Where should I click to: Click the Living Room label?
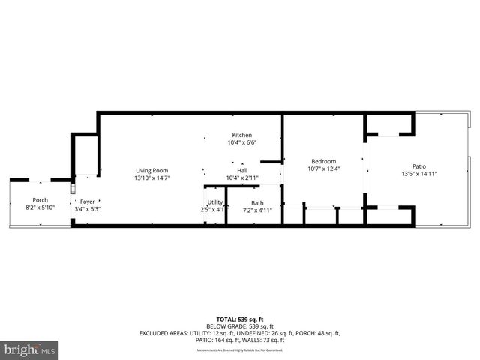151,170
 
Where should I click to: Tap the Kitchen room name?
241,135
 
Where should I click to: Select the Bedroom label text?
324,161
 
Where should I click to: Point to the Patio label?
418,166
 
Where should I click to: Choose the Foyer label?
88,202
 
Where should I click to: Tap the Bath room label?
257,203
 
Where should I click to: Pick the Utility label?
215,202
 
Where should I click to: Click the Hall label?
242,170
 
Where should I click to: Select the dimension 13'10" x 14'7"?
151,178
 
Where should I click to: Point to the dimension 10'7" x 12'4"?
324,169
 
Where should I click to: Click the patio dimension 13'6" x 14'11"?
418,174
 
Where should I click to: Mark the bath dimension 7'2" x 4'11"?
257,211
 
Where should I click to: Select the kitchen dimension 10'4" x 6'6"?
241,142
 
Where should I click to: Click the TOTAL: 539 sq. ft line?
240,319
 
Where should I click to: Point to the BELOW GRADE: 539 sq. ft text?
240,327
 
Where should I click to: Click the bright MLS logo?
30,349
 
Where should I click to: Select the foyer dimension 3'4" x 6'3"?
88,209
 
